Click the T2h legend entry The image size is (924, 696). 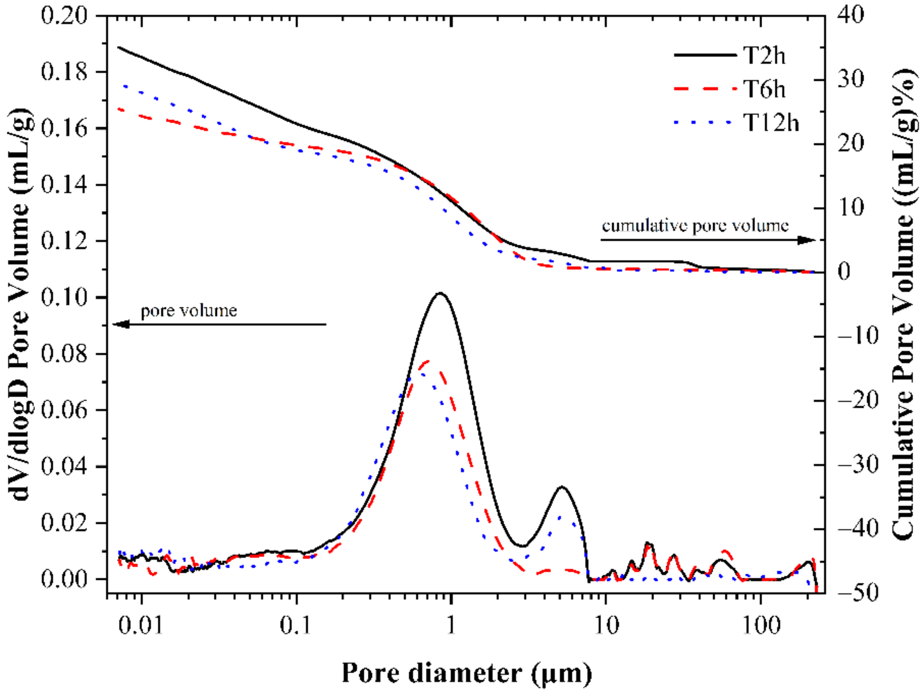[764, 56]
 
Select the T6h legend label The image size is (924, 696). [764, 89]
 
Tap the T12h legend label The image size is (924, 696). [771, 123]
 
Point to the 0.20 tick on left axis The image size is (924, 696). [65, 15]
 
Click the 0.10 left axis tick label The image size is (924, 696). [65, 297]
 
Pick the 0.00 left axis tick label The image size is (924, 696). [65, 579]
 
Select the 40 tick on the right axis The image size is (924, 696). [850, 15]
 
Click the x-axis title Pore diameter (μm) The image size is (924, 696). [466, 672]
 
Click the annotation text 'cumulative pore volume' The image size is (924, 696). [695, 226]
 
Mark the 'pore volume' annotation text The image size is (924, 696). [189, 310]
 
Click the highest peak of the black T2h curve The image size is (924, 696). [440, 293]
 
